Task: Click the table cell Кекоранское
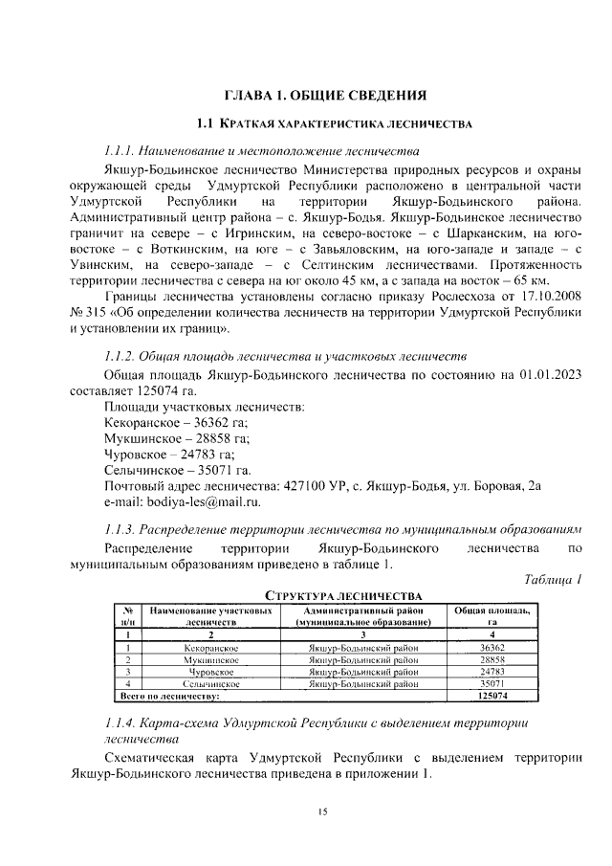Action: pos(211,647)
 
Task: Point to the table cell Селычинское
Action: pos(211,684)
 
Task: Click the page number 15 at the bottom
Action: pos(323,812)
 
